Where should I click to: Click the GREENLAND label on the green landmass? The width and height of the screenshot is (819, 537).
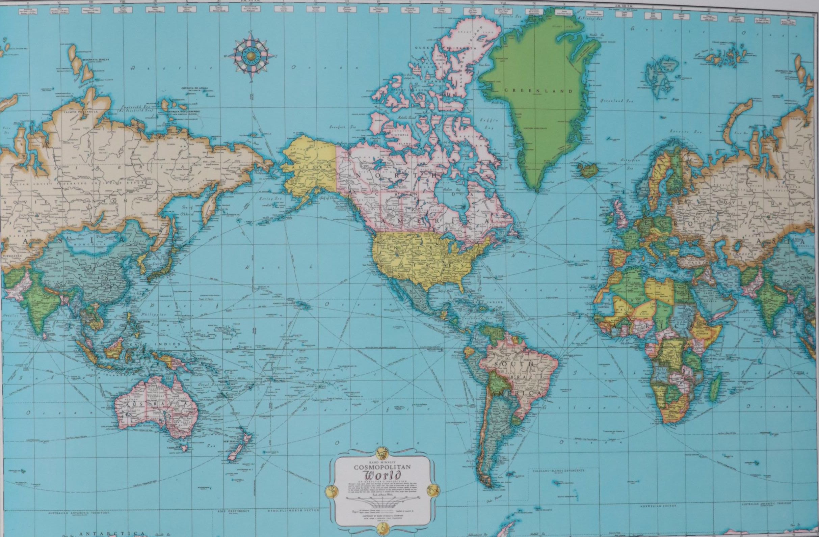pyautogui.click(x=538, y=91)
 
